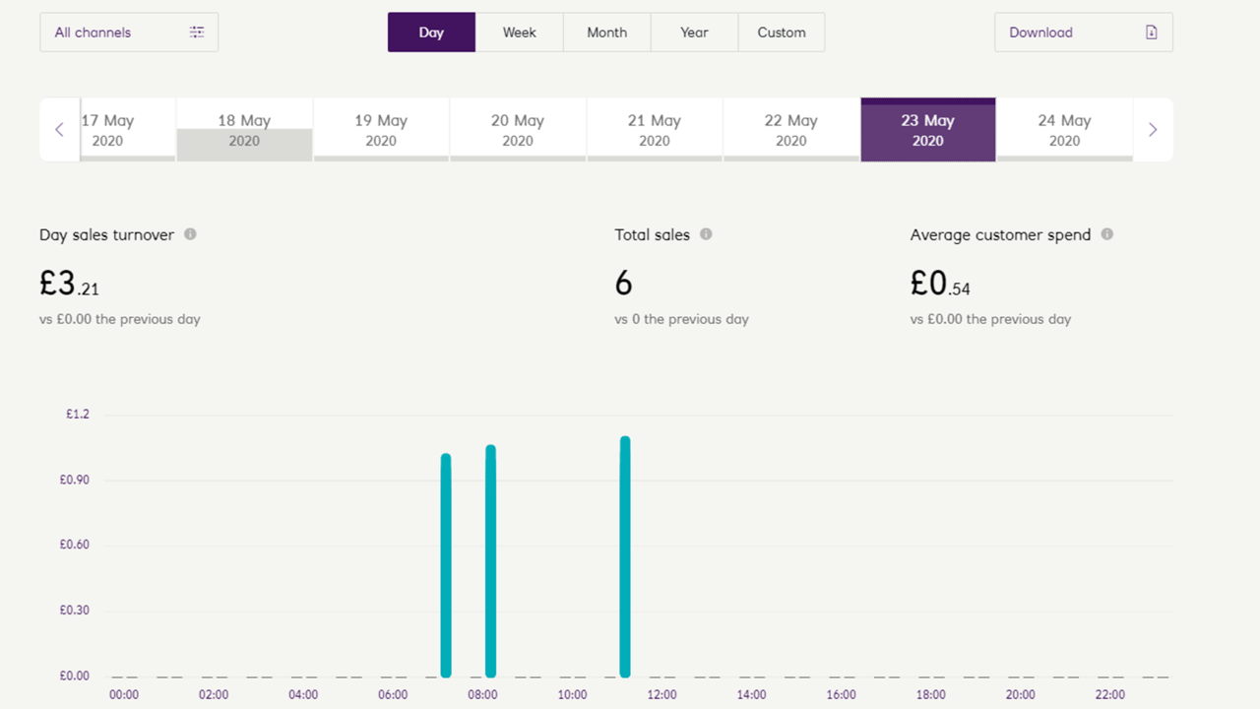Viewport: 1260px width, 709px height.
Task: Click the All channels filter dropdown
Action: [129, 32]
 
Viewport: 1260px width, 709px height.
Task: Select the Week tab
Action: [519, 32]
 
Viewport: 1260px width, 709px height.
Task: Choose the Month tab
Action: [606, 32]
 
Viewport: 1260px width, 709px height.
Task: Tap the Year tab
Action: [694, 32]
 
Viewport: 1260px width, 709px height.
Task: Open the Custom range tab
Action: [782, 32]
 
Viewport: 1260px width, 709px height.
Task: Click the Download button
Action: [1083, 32]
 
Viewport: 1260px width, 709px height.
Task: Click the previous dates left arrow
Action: [59, 130]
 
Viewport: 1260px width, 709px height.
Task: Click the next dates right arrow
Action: [1153, 130]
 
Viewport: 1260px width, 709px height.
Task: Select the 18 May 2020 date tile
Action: [244, 130]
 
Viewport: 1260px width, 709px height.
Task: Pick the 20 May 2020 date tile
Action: [518, 130]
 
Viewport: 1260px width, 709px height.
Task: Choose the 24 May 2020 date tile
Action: [1064, 130]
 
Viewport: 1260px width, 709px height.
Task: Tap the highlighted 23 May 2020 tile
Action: [927, 130]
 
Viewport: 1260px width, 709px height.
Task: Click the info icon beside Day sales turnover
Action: [190, 234]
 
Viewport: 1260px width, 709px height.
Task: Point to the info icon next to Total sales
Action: [706, 234]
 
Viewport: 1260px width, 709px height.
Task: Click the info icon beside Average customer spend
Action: [1107, 234]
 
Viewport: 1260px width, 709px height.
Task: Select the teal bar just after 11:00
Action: [625, 557]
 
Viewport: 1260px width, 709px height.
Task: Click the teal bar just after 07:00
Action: [446, 565]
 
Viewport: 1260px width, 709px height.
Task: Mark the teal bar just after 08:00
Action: [490, 561]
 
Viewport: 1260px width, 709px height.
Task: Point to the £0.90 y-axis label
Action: [75, 480]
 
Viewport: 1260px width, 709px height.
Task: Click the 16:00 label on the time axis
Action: [841, 695]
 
